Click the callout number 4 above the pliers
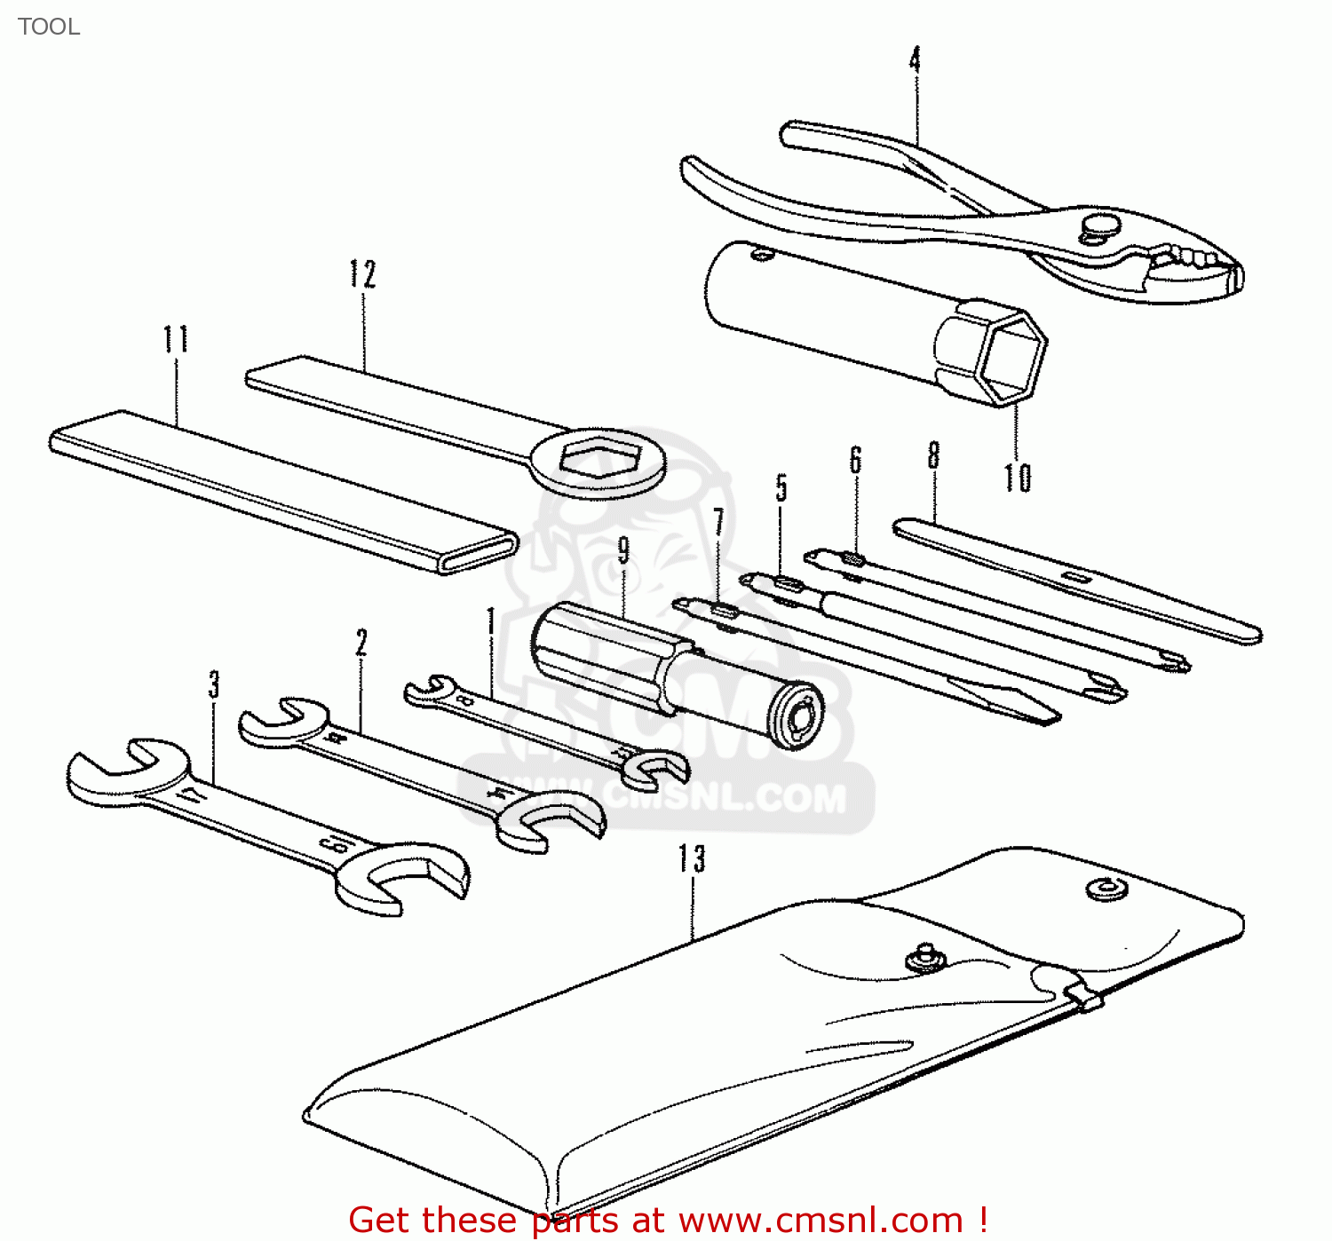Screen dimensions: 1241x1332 pos(915,59)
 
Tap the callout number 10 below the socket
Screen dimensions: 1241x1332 pos(1018,478)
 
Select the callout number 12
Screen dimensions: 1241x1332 pos(362,274)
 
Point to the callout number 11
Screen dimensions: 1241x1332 pos(176,339)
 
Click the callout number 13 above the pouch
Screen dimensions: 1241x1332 pos(692,858)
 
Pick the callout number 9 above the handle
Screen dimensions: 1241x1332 pos(623,550)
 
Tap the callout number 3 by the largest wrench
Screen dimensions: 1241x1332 pos(214,684)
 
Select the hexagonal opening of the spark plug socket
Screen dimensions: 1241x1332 pos(1011,360)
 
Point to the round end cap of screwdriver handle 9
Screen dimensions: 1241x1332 pos(797,714)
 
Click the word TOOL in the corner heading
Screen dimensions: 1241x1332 pos(49,27)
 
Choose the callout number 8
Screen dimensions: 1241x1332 pos(933,455)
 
